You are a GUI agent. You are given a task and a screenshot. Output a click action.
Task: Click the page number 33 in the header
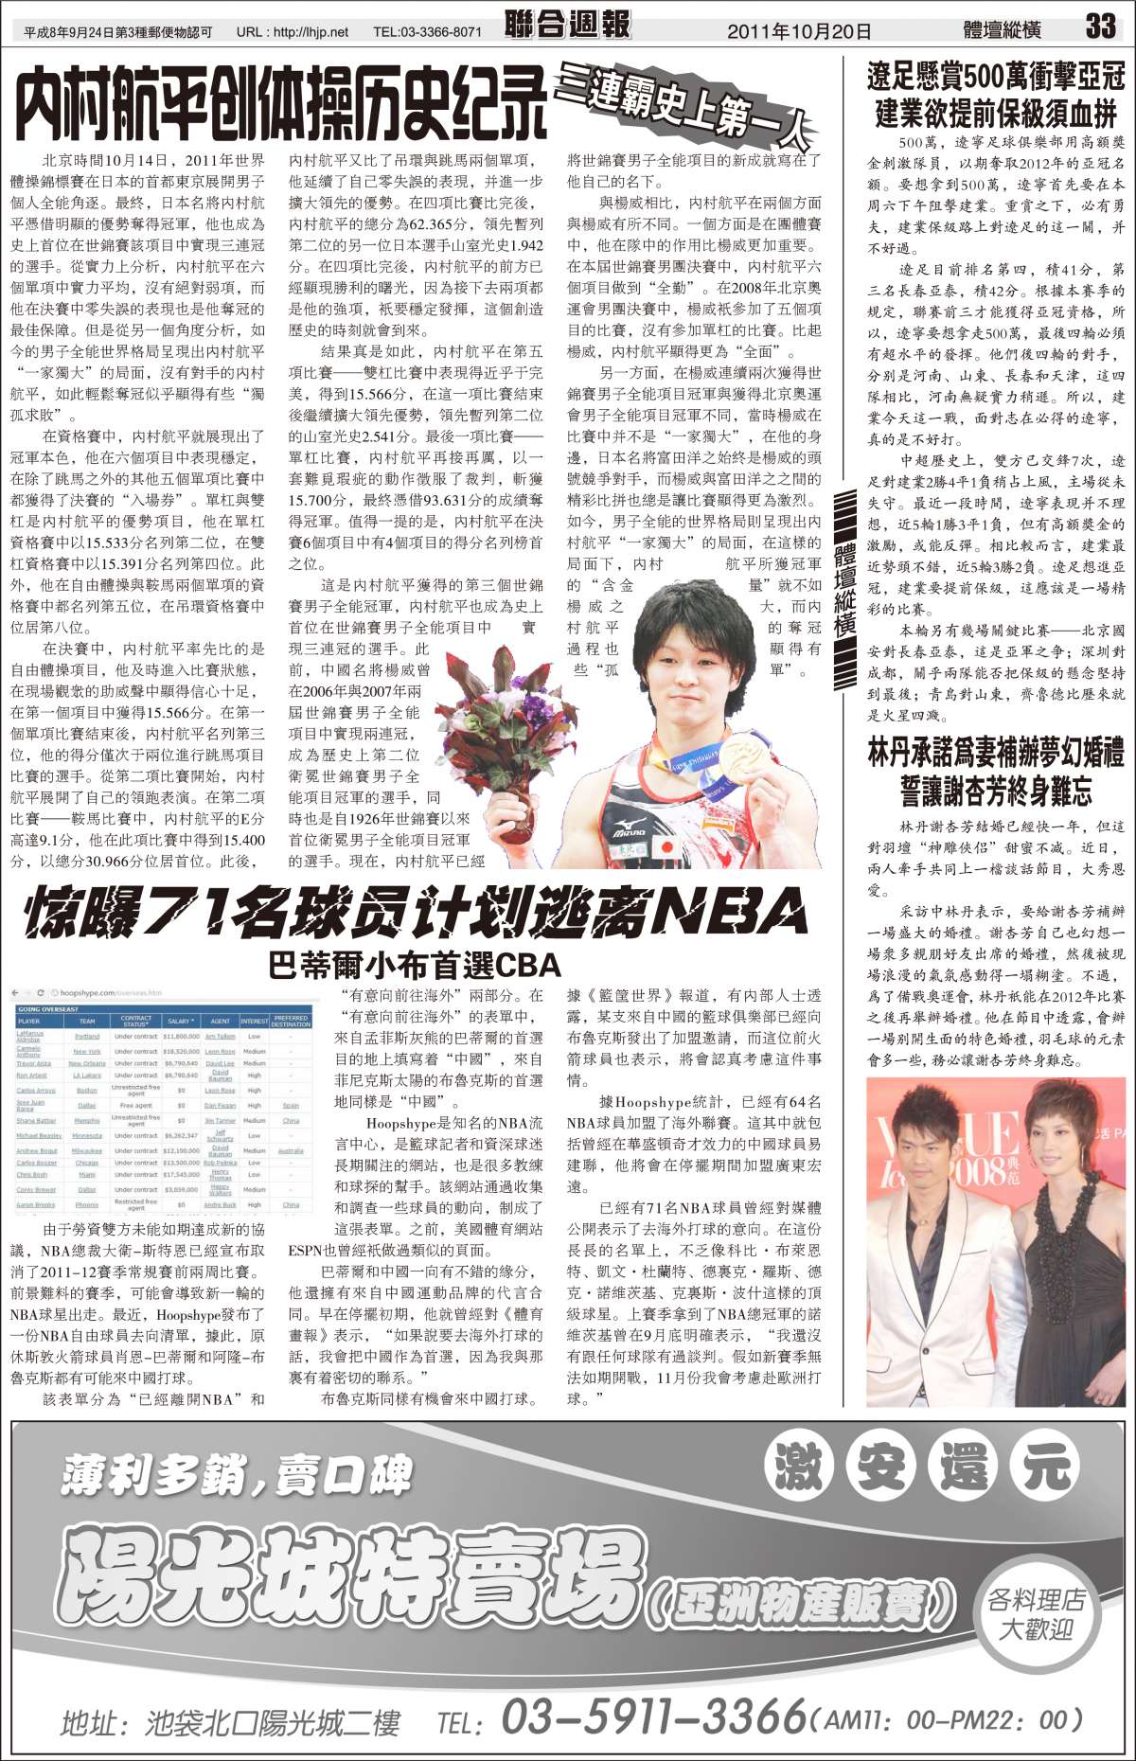point(1100,26)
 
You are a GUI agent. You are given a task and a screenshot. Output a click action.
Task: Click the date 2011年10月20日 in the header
point(799,31)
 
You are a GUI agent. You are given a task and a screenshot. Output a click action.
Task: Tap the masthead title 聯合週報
point(567,25)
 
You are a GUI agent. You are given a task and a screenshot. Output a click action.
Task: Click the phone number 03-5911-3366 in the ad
point(653,1715)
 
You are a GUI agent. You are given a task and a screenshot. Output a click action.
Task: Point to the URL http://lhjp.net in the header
point(293,32)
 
